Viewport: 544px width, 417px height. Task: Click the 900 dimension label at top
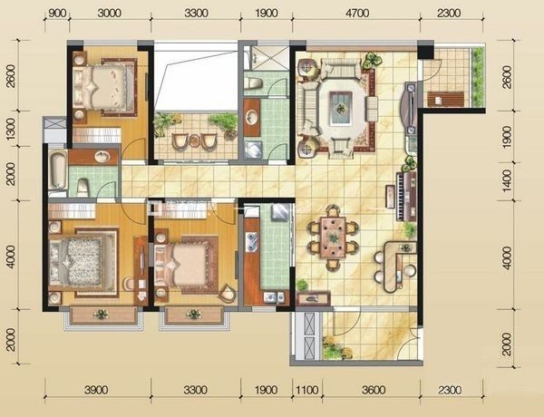tap(57, 14)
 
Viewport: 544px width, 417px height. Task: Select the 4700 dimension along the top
tap(357, 14)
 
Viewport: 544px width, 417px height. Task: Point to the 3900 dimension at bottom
tap(96, 390)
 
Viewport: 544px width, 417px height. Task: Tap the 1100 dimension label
tap(307, 390)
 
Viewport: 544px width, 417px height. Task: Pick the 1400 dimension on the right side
tap(507, 181)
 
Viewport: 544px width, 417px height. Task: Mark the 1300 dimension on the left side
tap(11, 129)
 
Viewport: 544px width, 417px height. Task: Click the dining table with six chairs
tap(333, 238)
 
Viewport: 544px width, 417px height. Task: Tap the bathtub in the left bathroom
tap(57, 170)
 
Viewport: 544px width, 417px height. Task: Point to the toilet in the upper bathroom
tap(253, 85)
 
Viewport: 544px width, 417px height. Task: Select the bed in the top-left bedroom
tap(103, 87)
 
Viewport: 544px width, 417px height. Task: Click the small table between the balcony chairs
tap(194, 141)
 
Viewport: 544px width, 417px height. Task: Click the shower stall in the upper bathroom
tap(266, 58)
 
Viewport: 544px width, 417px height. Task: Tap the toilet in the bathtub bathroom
tap(83, 188)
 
